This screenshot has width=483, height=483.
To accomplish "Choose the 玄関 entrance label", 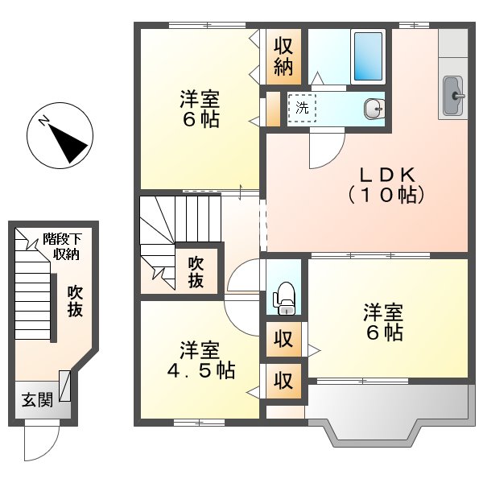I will pyautogui.click(x=36, y=400).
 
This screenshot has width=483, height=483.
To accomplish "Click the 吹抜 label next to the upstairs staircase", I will pyautogui.click(x=196, y=271).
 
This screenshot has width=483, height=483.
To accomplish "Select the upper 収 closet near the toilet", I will pyautogui.click(x=283, y=339).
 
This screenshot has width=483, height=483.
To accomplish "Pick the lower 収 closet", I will pyautogui.click(x=283, y=379).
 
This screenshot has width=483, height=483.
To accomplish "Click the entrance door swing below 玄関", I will pyautogui.click(x=40, y=438).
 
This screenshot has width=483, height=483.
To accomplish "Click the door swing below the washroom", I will pyautogui.click(x=324, y=150).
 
